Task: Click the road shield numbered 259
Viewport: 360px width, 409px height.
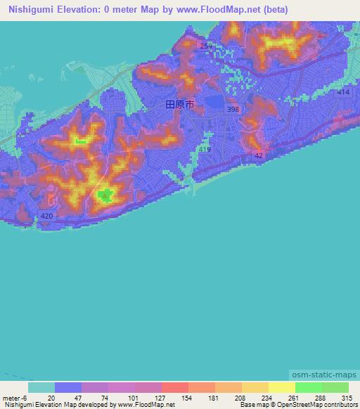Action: (205, 46)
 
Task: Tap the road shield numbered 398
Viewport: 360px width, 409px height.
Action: (233, 109)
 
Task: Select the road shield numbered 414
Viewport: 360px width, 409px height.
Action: (342, 92)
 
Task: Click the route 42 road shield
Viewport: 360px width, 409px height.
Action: (259, 156)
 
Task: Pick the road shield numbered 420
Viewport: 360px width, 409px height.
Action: (46, 216)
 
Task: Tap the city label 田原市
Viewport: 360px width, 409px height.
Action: (179, 104)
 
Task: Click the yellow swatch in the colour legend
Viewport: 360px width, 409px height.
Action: (281, 387)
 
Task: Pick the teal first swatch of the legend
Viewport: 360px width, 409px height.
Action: (41, 387)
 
